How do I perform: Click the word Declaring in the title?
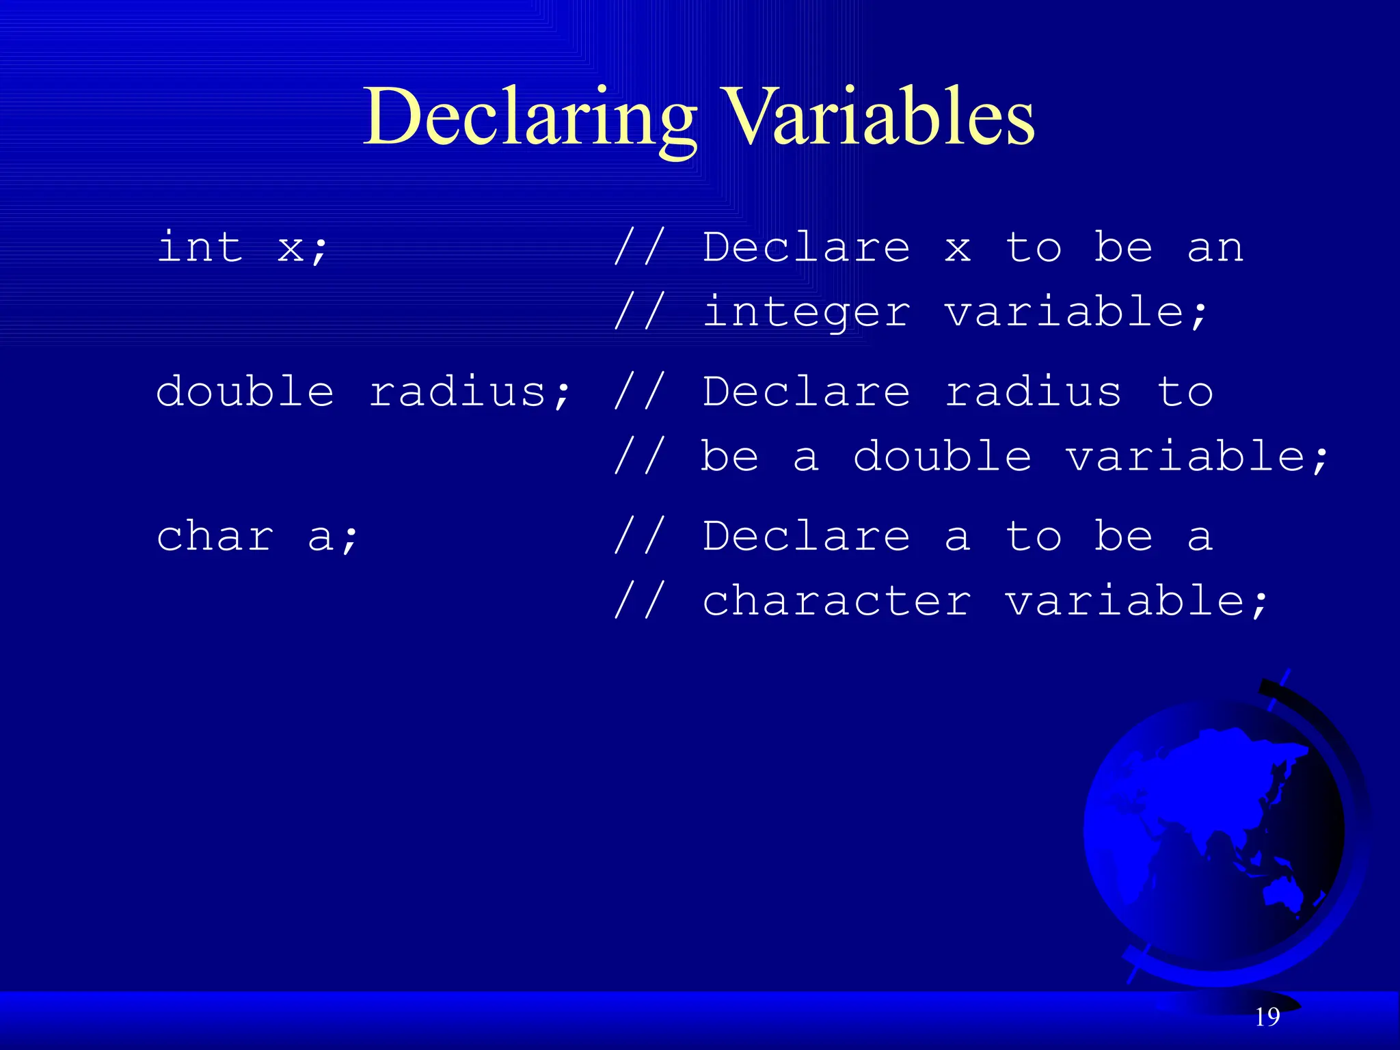[x=530, y=118]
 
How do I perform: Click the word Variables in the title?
[x=878, y=118]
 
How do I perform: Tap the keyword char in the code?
[x=215, y=536]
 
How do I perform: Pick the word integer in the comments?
[x=807, y=313]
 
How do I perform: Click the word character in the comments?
[x=837, y=602]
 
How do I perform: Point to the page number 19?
[x=1267, y=1017]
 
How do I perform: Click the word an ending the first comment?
[x=1215, y=247]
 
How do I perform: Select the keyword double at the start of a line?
[x=245, y=392]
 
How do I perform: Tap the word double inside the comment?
[x=942, y=457]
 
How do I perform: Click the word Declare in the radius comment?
[x=807, y=392]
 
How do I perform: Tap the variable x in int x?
[x=290, y=247]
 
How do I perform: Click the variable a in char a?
[x=320, y=537]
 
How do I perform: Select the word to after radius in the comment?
[x=1185, y=392]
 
